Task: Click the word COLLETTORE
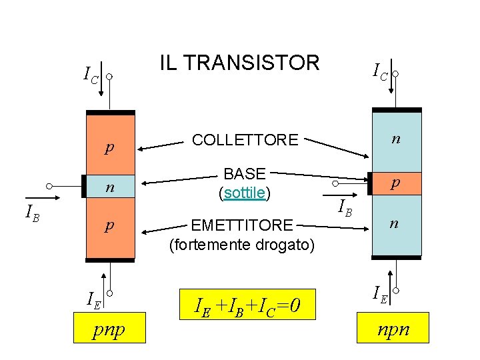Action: point(245,140)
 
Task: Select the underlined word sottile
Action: point(245,193)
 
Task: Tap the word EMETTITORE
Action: point(241,225)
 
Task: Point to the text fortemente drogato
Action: point(241,245)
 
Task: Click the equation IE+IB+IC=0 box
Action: point(246,306)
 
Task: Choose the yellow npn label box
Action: point(393,329)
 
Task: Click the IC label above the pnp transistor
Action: point(90,75)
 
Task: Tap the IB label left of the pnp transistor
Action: point(31,213)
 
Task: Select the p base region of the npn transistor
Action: point(396,182)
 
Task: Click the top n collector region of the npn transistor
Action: point(396,140)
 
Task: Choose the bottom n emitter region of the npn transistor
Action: point(396,225)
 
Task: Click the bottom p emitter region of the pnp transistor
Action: point(110,228)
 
